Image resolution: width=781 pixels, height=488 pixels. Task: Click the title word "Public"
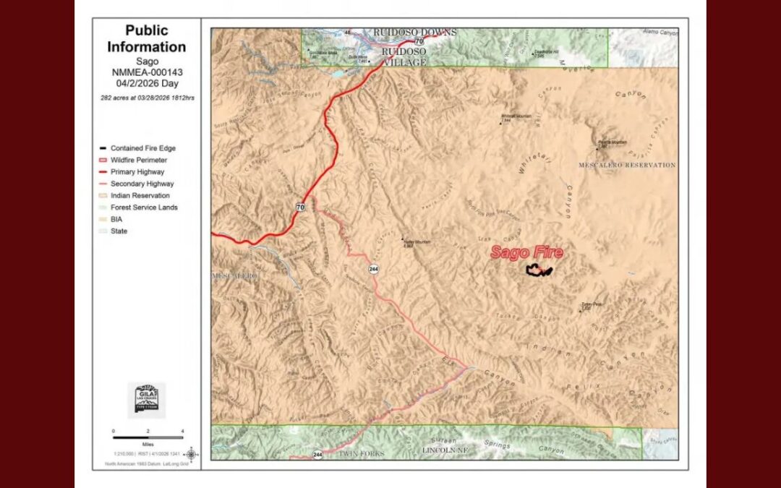pos(147,30)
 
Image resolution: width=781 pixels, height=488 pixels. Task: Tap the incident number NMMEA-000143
pos(147,73)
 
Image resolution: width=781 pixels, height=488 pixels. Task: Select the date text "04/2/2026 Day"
pos(147,84)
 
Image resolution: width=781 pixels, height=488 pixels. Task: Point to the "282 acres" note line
pos(147,97)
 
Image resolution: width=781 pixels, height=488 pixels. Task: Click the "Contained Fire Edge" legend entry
pos(142,148)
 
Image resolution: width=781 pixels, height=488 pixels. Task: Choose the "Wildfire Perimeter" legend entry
pos(138,160)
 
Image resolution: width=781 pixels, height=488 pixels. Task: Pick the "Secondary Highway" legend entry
pos(142,184)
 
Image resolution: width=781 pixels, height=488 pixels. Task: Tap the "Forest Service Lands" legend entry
pos(144,207)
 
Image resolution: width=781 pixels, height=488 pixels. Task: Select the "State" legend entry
pos(119,231)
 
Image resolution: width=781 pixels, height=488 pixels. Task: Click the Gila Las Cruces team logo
pos(147,400)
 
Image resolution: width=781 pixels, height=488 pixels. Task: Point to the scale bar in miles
pos(148,437)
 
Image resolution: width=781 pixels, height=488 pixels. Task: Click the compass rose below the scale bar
pos(190,455)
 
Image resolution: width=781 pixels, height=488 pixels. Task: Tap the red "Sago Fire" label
pos(526,253)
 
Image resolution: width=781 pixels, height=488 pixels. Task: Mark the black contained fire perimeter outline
pos(539,271)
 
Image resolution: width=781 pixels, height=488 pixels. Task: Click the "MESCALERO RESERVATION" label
pos(627,166)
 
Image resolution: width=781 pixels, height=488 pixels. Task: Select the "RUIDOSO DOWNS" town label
pos(414,33)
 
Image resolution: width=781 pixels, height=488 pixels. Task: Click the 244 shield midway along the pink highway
pos(373,269)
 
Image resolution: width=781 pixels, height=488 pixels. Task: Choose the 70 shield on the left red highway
pos(299,207)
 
